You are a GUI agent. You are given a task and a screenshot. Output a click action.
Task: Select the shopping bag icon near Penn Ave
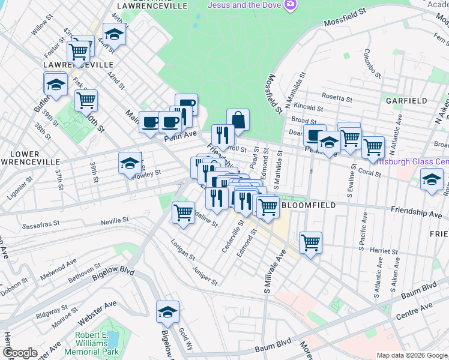[x=238, y=120]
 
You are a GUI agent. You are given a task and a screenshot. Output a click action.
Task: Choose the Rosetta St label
[x=337, y=97]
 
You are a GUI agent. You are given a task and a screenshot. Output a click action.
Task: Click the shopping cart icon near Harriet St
[x=310, y=243]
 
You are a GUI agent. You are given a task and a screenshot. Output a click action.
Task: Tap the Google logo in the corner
[x=20, y=353]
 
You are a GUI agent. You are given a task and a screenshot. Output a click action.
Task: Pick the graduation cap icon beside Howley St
[x=130, y=163]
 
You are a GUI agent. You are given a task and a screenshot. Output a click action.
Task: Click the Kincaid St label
[x=309, y=109]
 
